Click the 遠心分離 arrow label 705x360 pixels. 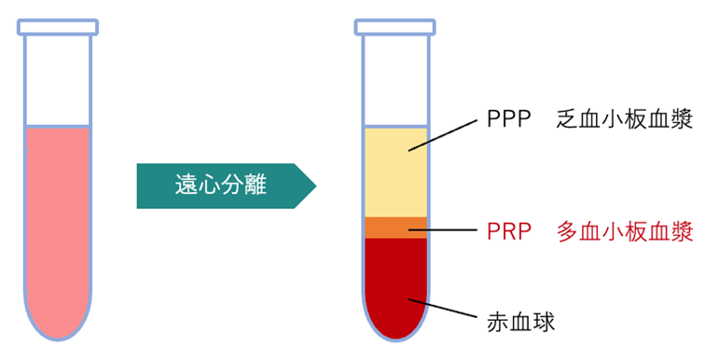click(220, 186)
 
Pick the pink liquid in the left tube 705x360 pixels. click(59, 224)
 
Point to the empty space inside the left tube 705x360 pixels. click(59, 79)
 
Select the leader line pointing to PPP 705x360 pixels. click(443, 134)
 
